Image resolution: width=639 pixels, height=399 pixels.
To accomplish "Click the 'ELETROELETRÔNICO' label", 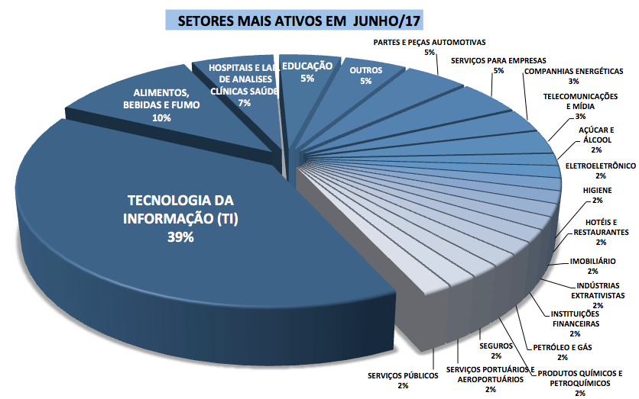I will (x=600, y=165).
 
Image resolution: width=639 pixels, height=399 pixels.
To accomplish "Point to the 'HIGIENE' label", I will (x=597, y=191).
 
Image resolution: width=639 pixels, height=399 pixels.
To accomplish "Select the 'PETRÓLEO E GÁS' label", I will (x=563, y=347).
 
